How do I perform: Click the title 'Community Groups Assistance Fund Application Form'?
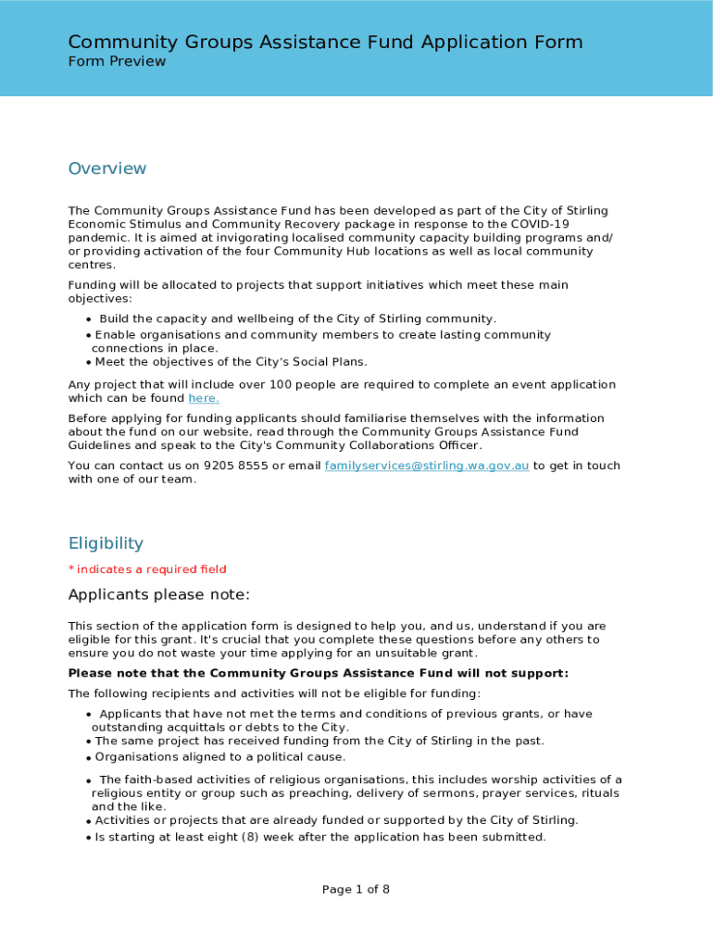325,42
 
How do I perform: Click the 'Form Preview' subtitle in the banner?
117,62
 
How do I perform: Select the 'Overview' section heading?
107,168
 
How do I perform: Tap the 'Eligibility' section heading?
106,543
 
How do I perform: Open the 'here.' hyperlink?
204,398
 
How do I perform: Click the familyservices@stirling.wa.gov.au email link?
427,466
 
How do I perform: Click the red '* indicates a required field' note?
147,569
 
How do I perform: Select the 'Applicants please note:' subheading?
159,594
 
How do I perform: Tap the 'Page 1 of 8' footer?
356,890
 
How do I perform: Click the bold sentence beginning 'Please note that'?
319,673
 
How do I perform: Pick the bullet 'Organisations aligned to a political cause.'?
220,757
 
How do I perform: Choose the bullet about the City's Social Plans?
231,362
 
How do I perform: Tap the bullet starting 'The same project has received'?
319,741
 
